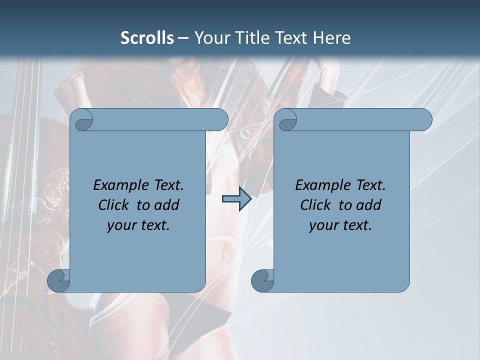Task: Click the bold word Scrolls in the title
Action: (x=147, y=38)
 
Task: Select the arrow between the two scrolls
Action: (x=236, y=198)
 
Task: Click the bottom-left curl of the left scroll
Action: (x=58, y=280)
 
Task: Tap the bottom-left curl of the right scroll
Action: (x=262, y=280)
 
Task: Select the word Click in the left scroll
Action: (x=113, y=205)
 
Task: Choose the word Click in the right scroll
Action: (x=315, y=205)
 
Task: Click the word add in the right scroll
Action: (x=370, y=205)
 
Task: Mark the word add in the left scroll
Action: (x=168, y=205)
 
